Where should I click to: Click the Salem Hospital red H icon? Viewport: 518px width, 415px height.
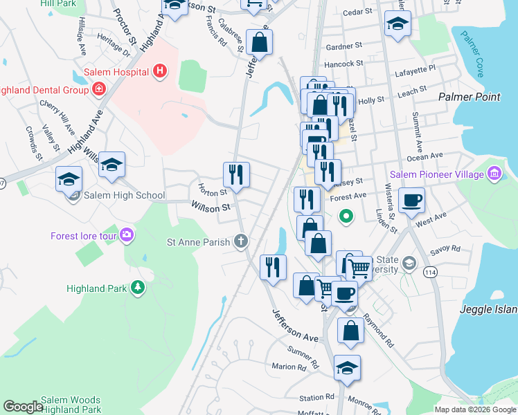tap(160, 71)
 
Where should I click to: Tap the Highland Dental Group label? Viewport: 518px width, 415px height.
tap(42, 89)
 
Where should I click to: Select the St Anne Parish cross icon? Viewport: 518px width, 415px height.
tap(240, 241)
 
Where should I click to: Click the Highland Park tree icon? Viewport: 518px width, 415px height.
tap(138, 287)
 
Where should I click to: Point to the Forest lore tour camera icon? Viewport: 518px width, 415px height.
tap(126, 235)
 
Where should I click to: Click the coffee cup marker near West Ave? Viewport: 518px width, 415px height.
tap(413, 201)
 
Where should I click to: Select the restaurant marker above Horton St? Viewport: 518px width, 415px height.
tap(236, 174)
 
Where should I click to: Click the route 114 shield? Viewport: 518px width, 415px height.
tap(429, 271)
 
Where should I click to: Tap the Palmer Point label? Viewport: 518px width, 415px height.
tap(470, 97)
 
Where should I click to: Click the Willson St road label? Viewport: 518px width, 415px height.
tap(211, 207)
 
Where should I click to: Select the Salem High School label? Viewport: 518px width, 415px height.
tap(124, 196)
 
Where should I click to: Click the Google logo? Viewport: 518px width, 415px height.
tap(23, 407)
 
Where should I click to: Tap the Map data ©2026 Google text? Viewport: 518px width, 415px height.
tap(475, 409)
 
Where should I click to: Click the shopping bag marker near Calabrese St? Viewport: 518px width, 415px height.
tap(259, 43)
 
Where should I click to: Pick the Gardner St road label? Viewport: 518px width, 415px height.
tap(344, 46)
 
